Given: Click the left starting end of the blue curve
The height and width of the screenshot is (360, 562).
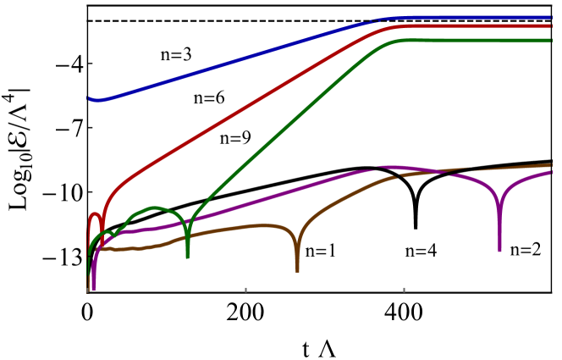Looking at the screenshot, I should [88, 99].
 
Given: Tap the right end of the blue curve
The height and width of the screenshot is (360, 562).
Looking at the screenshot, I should [551, 17].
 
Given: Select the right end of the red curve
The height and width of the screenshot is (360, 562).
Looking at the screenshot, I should [551, 26].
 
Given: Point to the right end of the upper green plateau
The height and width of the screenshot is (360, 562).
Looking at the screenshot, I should [551, 41].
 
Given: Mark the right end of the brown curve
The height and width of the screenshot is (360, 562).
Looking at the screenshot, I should [551, 165].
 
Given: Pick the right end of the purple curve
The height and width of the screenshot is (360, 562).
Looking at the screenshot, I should [551, 173].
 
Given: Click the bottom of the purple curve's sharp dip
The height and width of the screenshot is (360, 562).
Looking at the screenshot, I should [499, 250].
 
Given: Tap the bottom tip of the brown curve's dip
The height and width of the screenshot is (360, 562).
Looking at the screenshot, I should [297, 270].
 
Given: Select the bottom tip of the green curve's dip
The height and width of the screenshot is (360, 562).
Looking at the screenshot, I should [187, 256].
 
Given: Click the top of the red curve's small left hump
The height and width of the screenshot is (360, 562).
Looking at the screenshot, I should [94, 214].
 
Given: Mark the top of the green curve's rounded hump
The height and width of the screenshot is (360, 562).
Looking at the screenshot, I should [153, 208].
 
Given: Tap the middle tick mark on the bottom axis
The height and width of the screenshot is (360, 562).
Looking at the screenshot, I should [245, 290].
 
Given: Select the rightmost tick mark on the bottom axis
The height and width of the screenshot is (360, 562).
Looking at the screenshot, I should [404, 290].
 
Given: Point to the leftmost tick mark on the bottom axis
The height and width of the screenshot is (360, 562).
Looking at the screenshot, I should [87, 290].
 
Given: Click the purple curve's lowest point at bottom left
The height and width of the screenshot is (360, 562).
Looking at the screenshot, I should [93, 289].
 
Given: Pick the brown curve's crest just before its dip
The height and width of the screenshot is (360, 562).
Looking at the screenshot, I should [262, 225].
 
